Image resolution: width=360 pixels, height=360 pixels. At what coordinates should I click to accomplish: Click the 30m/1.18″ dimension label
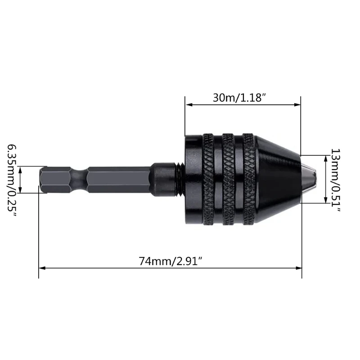point(237,98)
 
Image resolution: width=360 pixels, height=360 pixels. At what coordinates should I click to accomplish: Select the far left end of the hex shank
point(41,180)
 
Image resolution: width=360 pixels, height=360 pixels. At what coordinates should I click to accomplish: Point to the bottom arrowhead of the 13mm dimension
point(325,201)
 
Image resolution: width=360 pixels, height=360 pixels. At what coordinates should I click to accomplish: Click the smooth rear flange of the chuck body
point(193,180)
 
